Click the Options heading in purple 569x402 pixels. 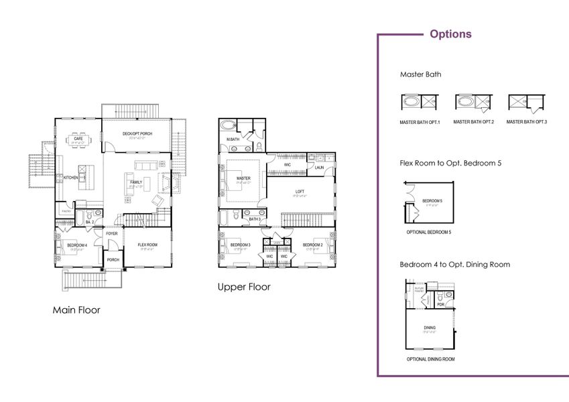coord(450,34)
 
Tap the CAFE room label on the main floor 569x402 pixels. coord(78,139)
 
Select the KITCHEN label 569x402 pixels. coord(71,178)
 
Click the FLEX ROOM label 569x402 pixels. coord(147,245)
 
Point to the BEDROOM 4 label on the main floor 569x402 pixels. coord(76,245)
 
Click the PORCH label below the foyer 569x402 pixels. coord(113,260)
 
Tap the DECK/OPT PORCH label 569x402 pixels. coord(137,134)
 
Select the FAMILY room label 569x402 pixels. coord(135,182)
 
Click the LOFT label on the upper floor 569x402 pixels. coord(300,192)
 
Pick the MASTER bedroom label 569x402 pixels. coord(243,178)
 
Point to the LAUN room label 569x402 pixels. coord(320,167)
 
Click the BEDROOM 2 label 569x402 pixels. coord(313,245)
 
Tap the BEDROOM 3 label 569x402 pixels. coord(240,245)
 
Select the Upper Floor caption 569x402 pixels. coord(244,287)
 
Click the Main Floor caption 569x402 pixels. coord(76,310)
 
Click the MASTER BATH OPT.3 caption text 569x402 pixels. coord(526,122)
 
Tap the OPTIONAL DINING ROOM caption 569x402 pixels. coord(430,359)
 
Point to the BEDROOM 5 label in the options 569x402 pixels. coord(432,201)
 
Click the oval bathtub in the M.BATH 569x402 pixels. coord(229,125)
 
